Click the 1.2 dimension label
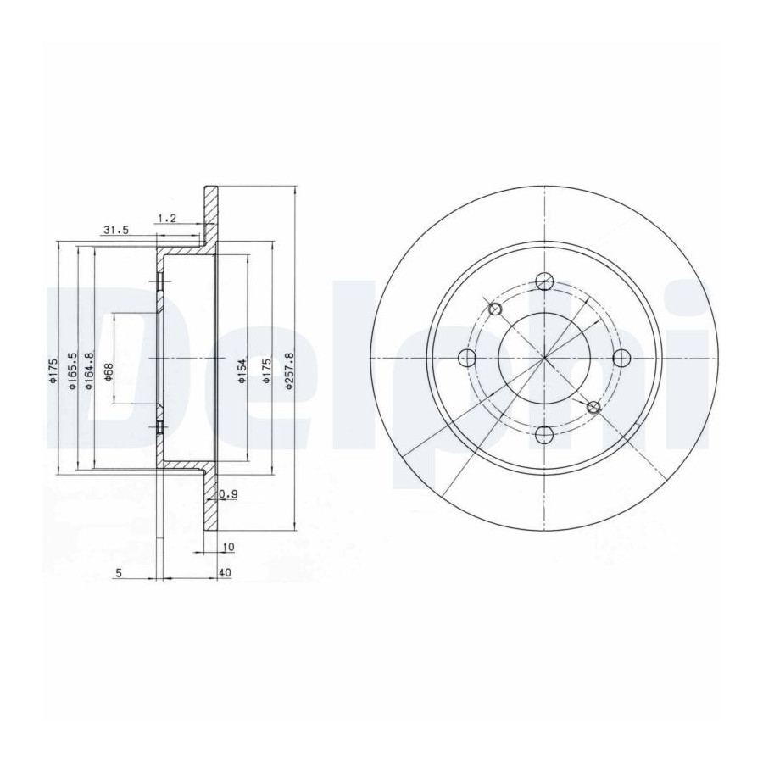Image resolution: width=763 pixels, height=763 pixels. tap(167, 218)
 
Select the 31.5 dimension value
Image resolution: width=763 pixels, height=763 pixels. tap(115, 230)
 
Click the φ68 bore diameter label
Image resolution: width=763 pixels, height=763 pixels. tap(109, 372)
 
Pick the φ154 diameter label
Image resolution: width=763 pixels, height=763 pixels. tap(242, 370)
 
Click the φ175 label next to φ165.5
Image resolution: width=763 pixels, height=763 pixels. tap(53, 370)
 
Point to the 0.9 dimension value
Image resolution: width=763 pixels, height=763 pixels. tap(228, 494)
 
